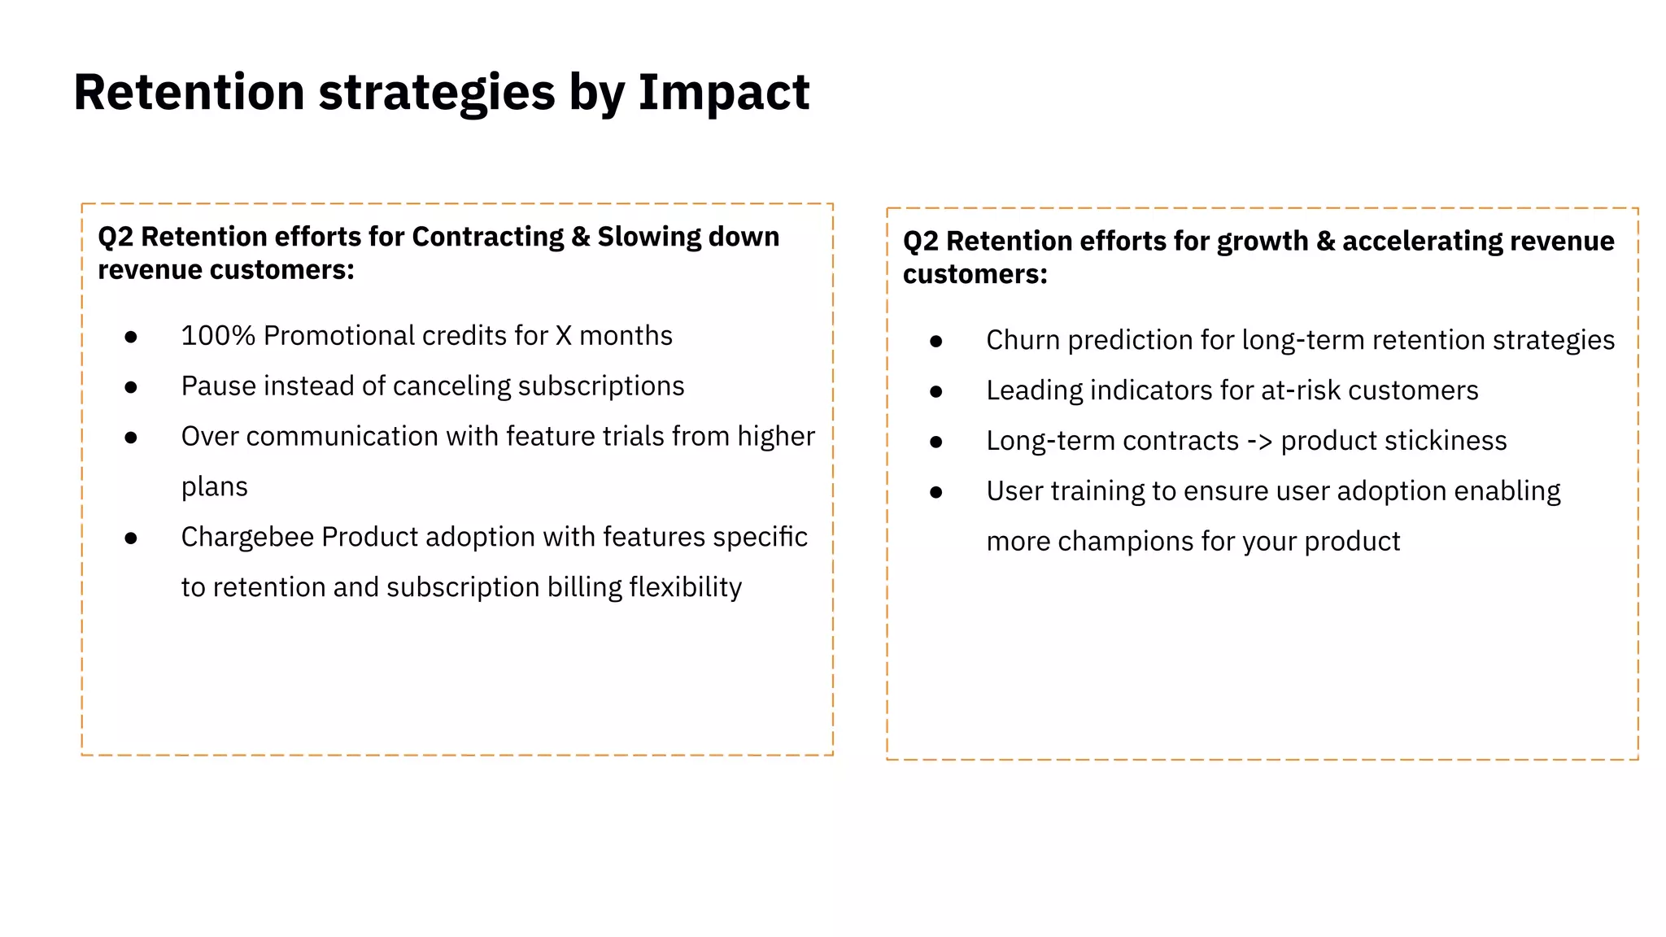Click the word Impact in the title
[723, 92]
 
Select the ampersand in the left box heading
[581, 237]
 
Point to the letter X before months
[563, 335]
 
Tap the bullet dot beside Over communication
[131, 438]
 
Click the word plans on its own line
[214, 487]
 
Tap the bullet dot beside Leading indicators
[936, 392]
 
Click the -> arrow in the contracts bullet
[1259, 441]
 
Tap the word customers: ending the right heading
[975, 274]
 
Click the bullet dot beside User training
[936, 492]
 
